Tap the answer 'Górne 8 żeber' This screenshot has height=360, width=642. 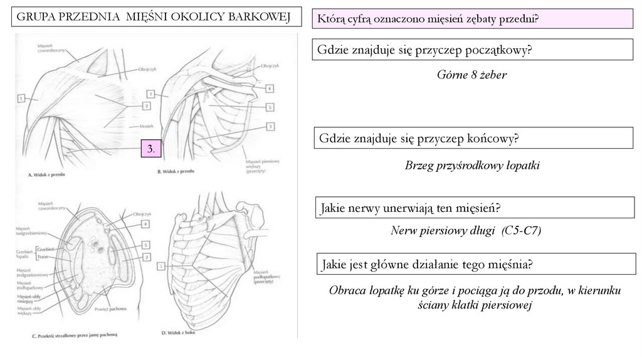pyautogui.click(x=471, y=75)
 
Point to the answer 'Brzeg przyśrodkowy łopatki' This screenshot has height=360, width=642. pyautogui.click(x=472, y=166)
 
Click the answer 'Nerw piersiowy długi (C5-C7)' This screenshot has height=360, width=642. pyautogui.click(x=465, y=231)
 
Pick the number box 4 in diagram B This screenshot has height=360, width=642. pyautogui.click(x=268, y=88)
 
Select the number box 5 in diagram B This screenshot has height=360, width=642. pyautogui.click(x=269, y=107)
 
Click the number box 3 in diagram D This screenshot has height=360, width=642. pyautogui.click(x=162, y=267)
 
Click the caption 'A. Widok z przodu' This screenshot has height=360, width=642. pyautogui.click(x=47, y=175)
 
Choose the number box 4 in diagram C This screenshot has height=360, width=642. pyautogui.click(x=145, y=224)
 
